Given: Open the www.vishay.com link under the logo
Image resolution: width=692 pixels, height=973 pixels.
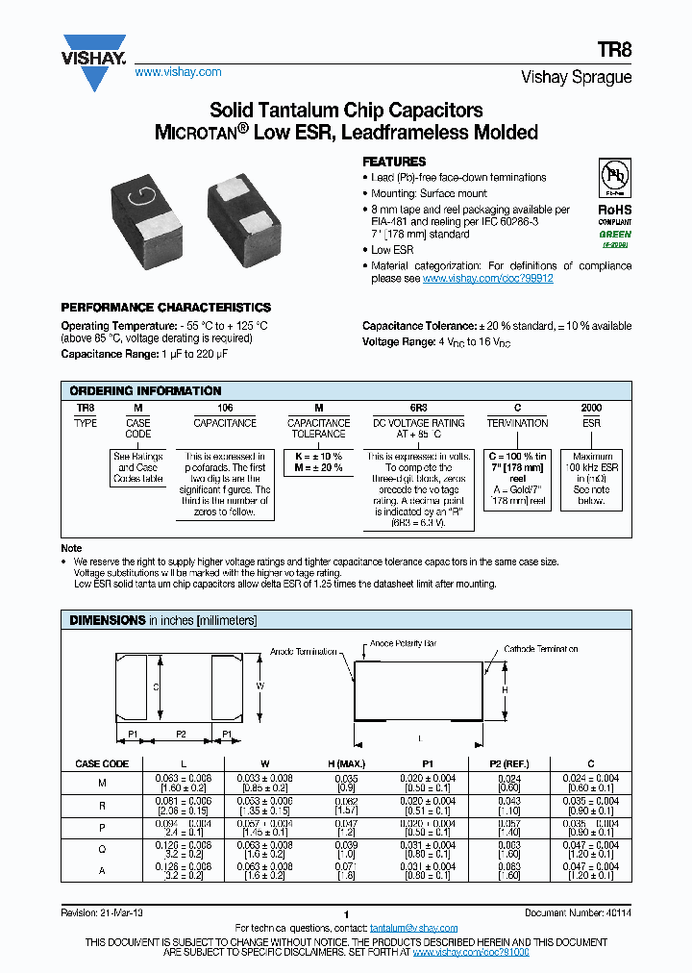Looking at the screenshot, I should pos(178,72).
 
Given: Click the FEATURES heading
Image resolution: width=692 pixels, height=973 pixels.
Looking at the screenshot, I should pos(394,162).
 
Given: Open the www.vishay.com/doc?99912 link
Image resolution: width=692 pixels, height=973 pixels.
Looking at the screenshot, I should pos(487,278).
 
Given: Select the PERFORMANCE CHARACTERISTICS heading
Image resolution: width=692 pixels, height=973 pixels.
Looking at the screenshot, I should pos(165,308).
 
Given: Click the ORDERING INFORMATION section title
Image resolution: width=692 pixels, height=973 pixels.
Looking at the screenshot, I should pos(145,391).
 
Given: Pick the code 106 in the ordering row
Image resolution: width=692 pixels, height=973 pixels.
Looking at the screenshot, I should pos(225,409).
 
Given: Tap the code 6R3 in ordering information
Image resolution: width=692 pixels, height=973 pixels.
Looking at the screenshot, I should pos(420,409).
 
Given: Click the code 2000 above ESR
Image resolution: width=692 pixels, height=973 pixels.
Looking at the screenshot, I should pos(591,409).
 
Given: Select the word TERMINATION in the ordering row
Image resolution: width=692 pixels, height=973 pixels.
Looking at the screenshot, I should pos(517,423).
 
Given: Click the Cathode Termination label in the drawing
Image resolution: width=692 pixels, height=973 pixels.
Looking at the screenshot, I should pos(541,649).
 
